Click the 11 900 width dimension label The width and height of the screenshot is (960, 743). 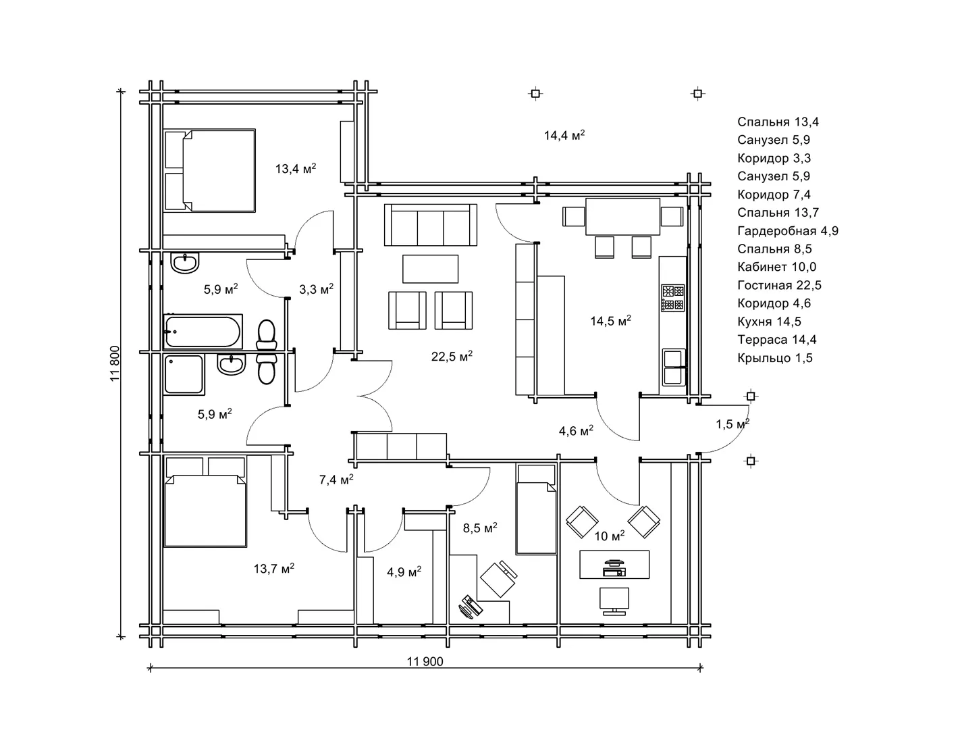425,661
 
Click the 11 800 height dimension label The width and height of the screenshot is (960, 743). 115,364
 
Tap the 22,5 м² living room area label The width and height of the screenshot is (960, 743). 452,356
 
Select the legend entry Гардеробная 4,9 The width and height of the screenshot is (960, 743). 788,231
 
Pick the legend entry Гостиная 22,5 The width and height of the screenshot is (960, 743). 779,285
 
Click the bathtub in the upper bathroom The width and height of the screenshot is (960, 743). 203,331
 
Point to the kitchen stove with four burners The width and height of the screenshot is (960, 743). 673,297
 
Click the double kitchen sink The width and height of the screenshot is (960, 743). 674,367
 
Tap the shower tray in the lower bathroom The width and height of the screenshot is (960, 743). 184,374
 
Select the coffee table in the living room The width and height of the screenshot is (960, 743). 430,269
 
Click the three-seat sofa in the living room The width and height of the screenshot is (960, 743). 430,224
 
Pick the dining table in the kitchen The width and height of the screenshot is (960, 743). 622,217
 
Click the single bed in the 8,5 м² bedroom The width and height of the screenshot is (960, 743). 536,509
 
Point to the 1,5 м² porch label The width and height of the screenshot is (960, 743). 732,424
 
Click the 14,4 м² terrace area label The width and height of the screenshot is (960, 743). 564,135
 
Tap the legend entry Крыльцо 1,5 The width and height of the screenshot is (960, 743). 775,357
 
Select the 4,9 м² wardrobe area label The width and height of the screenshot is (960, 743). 404,572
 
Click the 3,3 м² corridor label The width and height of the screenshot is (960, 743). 317,289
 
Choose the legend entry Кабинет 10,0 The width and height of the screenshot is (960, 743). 776,267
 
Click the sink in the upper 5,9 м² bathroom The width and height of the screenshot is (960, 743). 185,263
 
